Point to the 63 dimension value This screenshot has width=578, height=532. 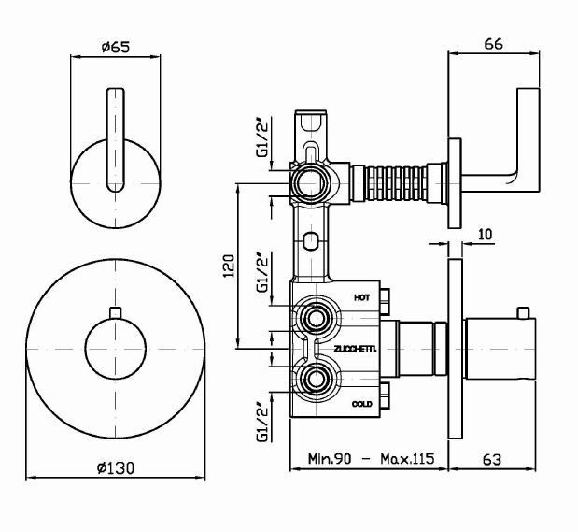[x=495, y=459]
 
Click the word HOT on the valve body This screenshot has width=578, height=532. [x=362, y=297]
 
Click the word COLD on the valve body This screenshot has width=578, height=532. [x=363, y=404]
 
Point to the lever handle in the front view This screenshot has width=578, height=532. [x=116, y=140]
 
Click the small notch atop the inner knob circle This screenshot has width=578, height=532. [x=116, y=312]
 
